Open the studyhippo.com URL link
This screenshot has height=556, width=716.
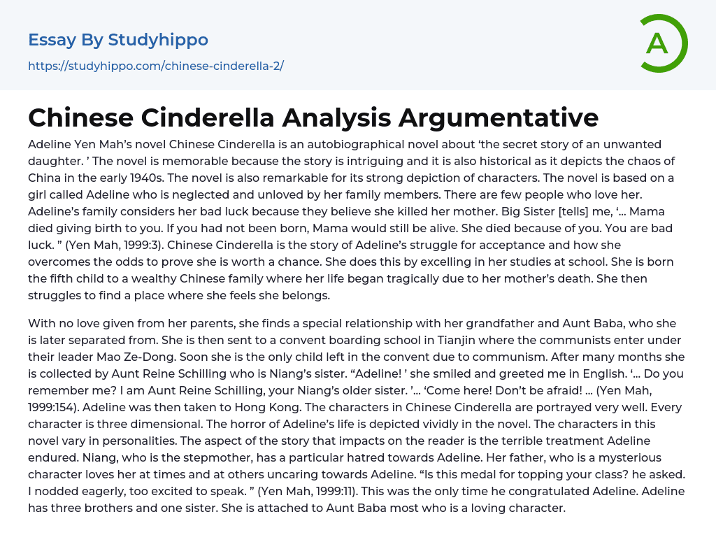(x=156, y=66)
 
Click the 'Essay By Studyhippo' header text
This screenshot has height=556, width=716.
(x=118, y=40)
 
